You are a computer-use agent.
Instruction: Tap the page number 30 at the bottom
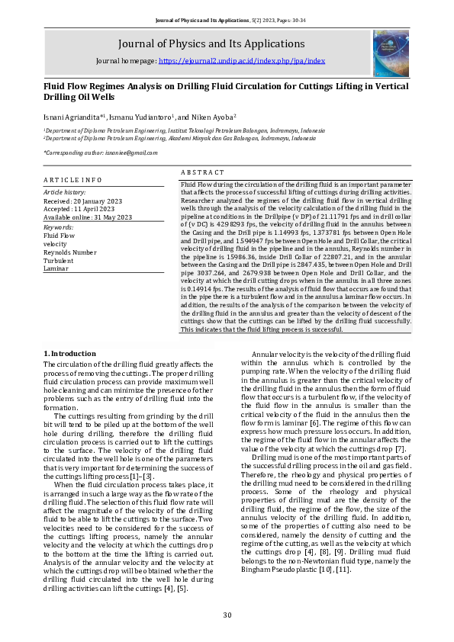click(227, 615)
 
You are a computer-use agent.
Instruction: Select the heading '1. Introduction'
click(69, 353)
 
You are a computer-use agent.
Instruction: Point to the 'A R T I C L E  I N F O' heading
click(72, 178)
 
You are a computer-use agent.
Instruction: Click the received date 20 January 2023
click(94, 201)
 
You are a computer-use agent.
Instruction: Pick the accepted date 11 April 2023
click(92, 209)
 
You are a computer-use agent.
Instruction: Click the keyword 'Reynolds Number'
click(70, 252)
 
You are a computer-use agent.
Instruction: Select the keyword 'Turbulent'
click(57, 260)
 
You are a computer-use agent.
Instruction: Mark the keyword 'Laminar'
click(56, 268)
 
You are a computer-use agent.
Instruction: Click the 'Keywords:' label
click(58, 227)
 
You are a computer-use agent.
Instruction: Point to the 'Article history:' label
click(65, 192)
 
